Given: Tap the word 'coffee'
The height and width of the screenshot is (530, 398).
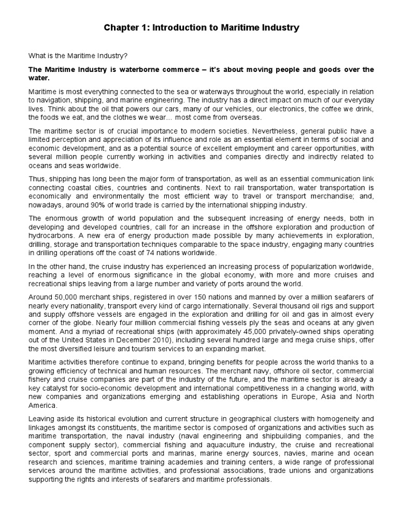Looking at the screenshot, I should point(315,109).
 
